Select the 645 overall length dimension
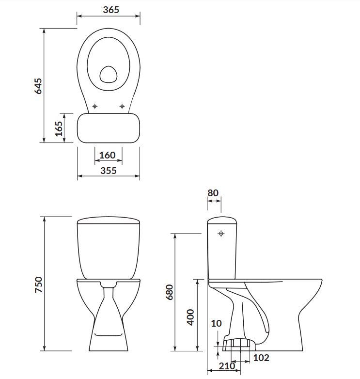tap(39, 86)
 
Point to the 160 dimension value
tap(107, 155)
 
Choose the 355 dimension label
tap(109, 171)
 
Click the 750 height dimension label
tap(39, 284)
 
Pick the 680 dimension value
tap(169, 292)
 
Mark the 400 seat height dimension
tap(190, 317)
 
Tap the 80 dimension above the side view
tap(213, 192)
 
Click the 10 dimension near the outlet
tap(217, 323)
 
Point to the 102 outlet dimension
tap(261, 358)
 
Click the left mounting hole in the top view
tap(95, 105)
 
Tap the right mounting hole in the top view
tap(122, 105)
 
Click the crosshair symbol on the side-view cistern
tap(221, 234)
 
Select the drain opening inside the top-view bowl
tap(108, 74)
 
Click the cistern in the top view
tap(109, 128)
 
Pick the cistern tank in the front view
tap(109, 250)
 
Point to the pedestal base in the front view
tap(109, 325)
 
